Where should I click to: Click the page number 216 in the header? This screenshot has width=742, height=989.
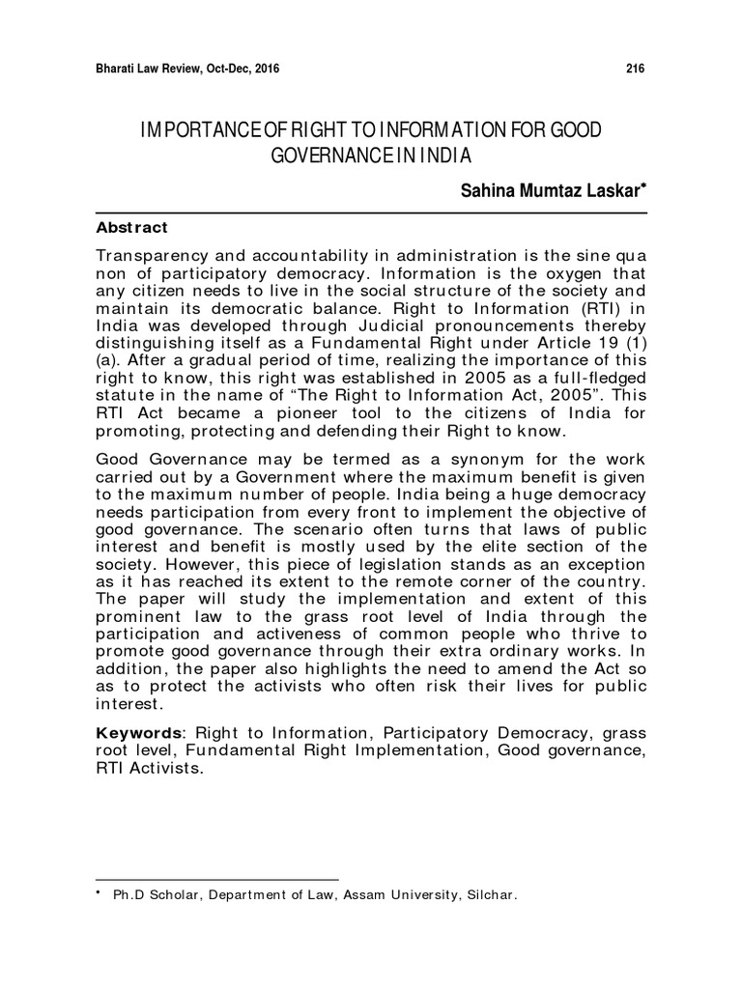[635, 69]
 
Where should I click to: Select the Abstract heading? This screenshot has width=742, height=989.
[132, 228]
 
